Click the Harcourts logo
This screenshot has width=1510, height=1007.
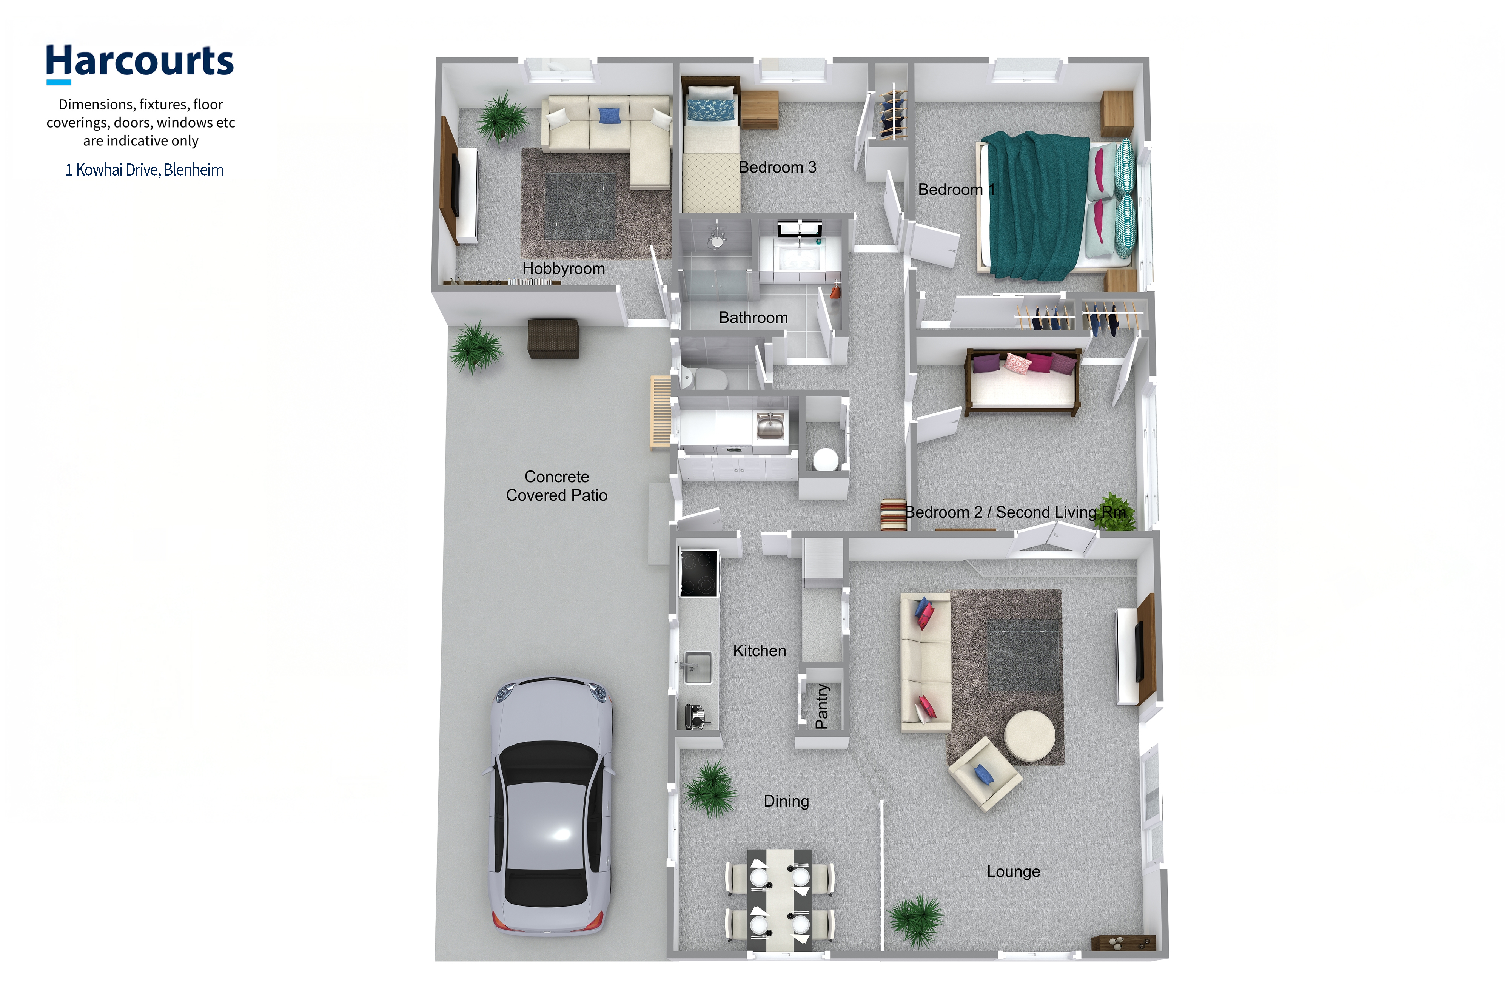[x=139, y=63]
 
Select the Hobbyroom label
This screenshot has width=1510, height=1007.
[x=563, y=268]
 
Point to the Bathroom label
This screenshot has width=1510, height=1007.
[x=753, y=317]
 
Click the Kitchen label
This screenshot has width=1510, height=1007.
[x=760, y=651]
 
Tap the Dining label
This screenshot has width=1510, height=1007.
[x=786, y=801]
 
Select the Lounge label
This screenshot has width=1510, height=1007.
[x=1013, y=871]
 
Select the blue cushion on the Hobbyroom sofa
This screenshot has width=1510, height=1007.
[x=609, y=116]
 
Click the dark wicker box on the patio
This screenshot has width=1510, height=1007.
[x=553, y=338]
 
